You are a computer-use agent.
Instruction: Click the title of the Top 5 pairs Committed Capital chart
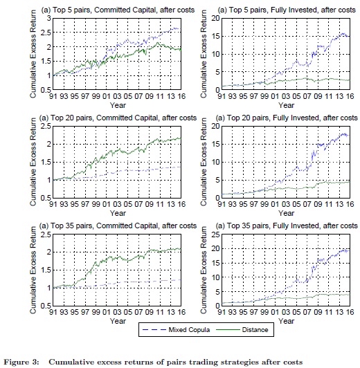(x=118, y=10)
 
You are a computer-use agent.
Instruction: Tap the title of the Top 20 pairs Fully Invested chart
(x=287, y=118)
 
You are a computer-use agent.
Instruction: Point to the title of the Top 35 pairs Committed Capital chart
(x=118, y=226)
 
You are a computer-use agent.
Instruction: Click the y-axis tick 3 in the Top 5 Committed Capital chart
(x=49, y=18)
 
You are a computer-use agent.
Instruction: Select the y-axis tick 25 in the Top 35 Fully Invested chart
(x=215, y=234)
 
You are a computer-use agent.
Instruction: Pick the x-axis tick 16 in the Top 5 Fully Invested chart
(x=350, y=96)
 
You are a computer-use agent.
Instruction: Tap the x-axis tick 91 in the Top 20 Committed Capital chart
(x=53, y=204)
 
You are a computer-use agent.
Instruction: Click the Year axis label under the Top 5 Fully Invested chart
(x=286, y=105)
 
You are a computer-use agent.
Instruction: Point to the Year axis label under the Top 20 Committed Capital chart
(x=118, y=213)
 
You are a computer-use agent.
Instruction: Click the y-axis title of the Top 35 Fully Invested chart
(x=204, y=270)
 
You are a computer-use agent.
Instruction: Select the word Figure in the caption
(x=21, y=362)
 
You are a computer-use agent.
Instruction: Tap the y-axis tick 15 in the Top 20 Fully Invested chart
(x=215, y=144)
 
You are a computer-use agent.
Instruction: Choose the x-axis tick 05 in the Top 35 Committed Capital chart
(x=128, y=312)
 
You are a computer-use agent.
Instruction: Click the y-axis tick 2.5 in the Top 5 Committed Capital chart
(x=46, y=33)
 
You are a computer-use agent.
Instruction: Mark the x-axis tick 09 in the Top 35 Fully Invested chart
(x=318, y=312)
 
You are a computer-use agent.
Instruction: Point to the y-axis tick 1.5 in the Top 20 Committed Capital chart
(x=46, y=162)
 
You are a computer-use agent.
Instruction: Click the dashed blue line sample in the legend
(x=154, y=330)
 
